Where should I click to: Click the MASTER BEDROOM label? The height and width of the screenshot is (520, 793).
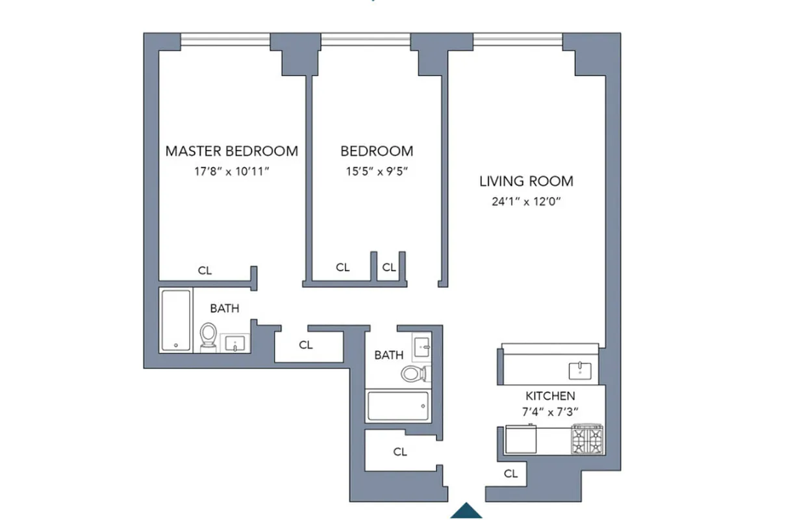[x=232, y=151]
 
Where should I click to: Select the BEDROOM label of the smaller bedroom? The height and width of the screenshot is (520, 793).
[x=377, y=151]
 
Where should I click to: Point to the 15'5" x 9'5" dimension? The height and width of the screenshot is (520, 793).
[x=377, y=173]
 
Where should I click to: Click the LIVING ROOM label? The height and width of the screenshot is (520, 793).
[x=526, y=181]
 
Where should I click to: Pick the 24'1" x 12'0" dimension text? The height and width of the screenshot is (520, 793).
[x=526, y=201]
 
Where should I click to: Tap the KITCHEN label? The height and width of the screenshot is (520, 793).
[x=549, y=396]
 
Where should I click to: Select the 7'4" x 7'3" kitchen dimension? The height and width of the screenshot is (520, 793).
[x=549, y=411]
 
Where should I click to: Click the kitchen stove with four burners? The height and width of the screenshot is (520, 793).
[x=586, y=439]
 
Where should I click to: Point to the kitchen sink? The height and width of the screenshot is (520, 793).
[x=578, y=370]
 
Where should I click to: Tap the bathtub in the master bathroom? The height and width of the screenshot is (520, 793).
[x=176, y=320]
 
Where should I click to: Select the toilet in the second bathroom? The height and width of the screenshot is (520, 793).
[x=414, y=373]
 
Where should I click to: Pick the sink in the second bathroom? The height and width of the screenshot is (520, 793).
[x=423, y=346]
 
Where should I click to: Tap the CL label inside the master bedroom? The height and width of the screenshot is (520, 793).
[x=205, y=271]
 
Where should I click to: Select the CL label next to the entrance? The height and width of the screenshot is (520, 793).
[x=511, y=474]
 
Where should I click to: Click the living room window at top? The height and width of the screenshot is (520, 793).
[x=518, y=40]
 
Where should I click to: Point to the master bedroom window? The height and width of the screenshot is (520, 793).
[x=225, y=40]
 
